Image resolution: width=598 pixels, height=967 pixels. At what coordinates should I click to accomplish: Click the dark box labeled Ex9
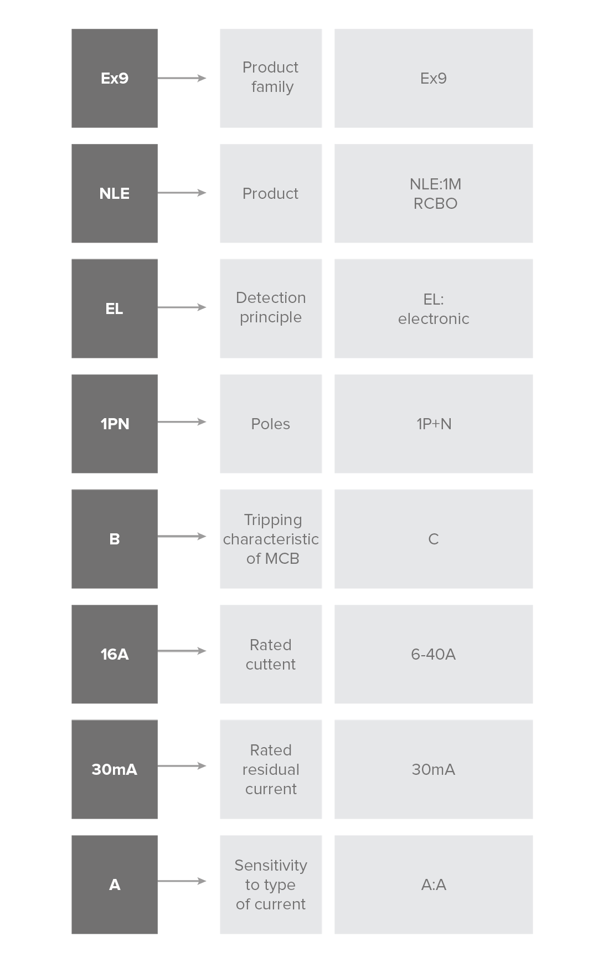pos(115,78)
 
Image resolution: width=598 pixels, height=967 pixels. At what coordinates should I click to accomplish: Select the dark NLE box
pos(115,193)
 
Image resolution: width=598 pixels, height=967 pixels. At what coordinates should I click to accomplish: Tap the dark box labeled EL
pos(115,308)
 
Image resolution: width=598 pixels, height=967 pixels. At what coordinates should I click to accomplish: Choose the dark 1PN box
pos(115,424)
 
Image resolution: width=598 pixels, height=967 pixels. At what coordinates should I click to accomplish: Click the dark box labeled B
pos(115,539)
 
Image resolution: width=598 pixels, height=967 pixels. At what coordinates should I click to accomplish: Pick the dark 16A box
pos(115,654)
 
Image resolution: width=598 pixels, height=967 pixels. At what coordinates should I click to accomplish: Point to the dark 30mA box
pos(115,769)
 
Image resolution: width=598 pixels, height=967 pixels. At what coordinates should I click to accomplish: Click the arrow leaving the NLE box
pos(182,193)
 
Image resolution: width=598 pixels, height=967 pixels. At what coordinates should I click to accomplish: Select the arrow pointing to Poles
pos(182,422)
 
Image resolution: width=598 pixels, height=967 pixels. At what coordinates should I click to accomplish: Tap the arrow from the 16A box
pos(182,651)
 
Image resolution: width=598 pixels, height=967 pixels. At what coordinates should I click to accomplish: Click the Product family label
pos(271,77)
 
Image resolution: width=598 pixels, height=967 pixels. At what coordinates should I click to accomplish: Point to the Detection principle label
pos(271,307)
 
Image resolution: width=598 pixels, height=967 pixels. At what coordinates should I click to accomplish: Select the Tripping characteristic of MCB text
pos(271,539)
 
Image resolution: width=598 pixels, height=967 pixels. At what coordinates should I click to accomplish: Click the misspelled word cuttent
pos(271,664)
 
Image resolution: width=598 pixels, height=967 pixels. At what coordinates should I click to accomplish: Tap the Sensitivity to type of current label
pos(271,884)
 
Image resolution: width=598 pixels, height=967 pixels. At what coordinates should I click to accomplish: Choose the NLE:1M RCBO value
pos(435,193)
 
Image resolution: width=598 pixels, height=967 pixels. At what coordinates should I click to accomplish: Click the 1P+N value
pos(434,424)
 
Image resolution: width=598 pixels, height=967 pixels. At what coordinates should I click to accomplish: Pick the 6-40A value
pos(434,654)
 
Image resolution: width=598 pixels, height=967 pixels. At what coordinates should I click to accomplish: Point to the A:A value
pos(434,884)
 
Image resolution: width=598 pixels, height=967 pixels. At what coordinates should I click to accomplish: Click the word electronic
pos(434,318)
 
